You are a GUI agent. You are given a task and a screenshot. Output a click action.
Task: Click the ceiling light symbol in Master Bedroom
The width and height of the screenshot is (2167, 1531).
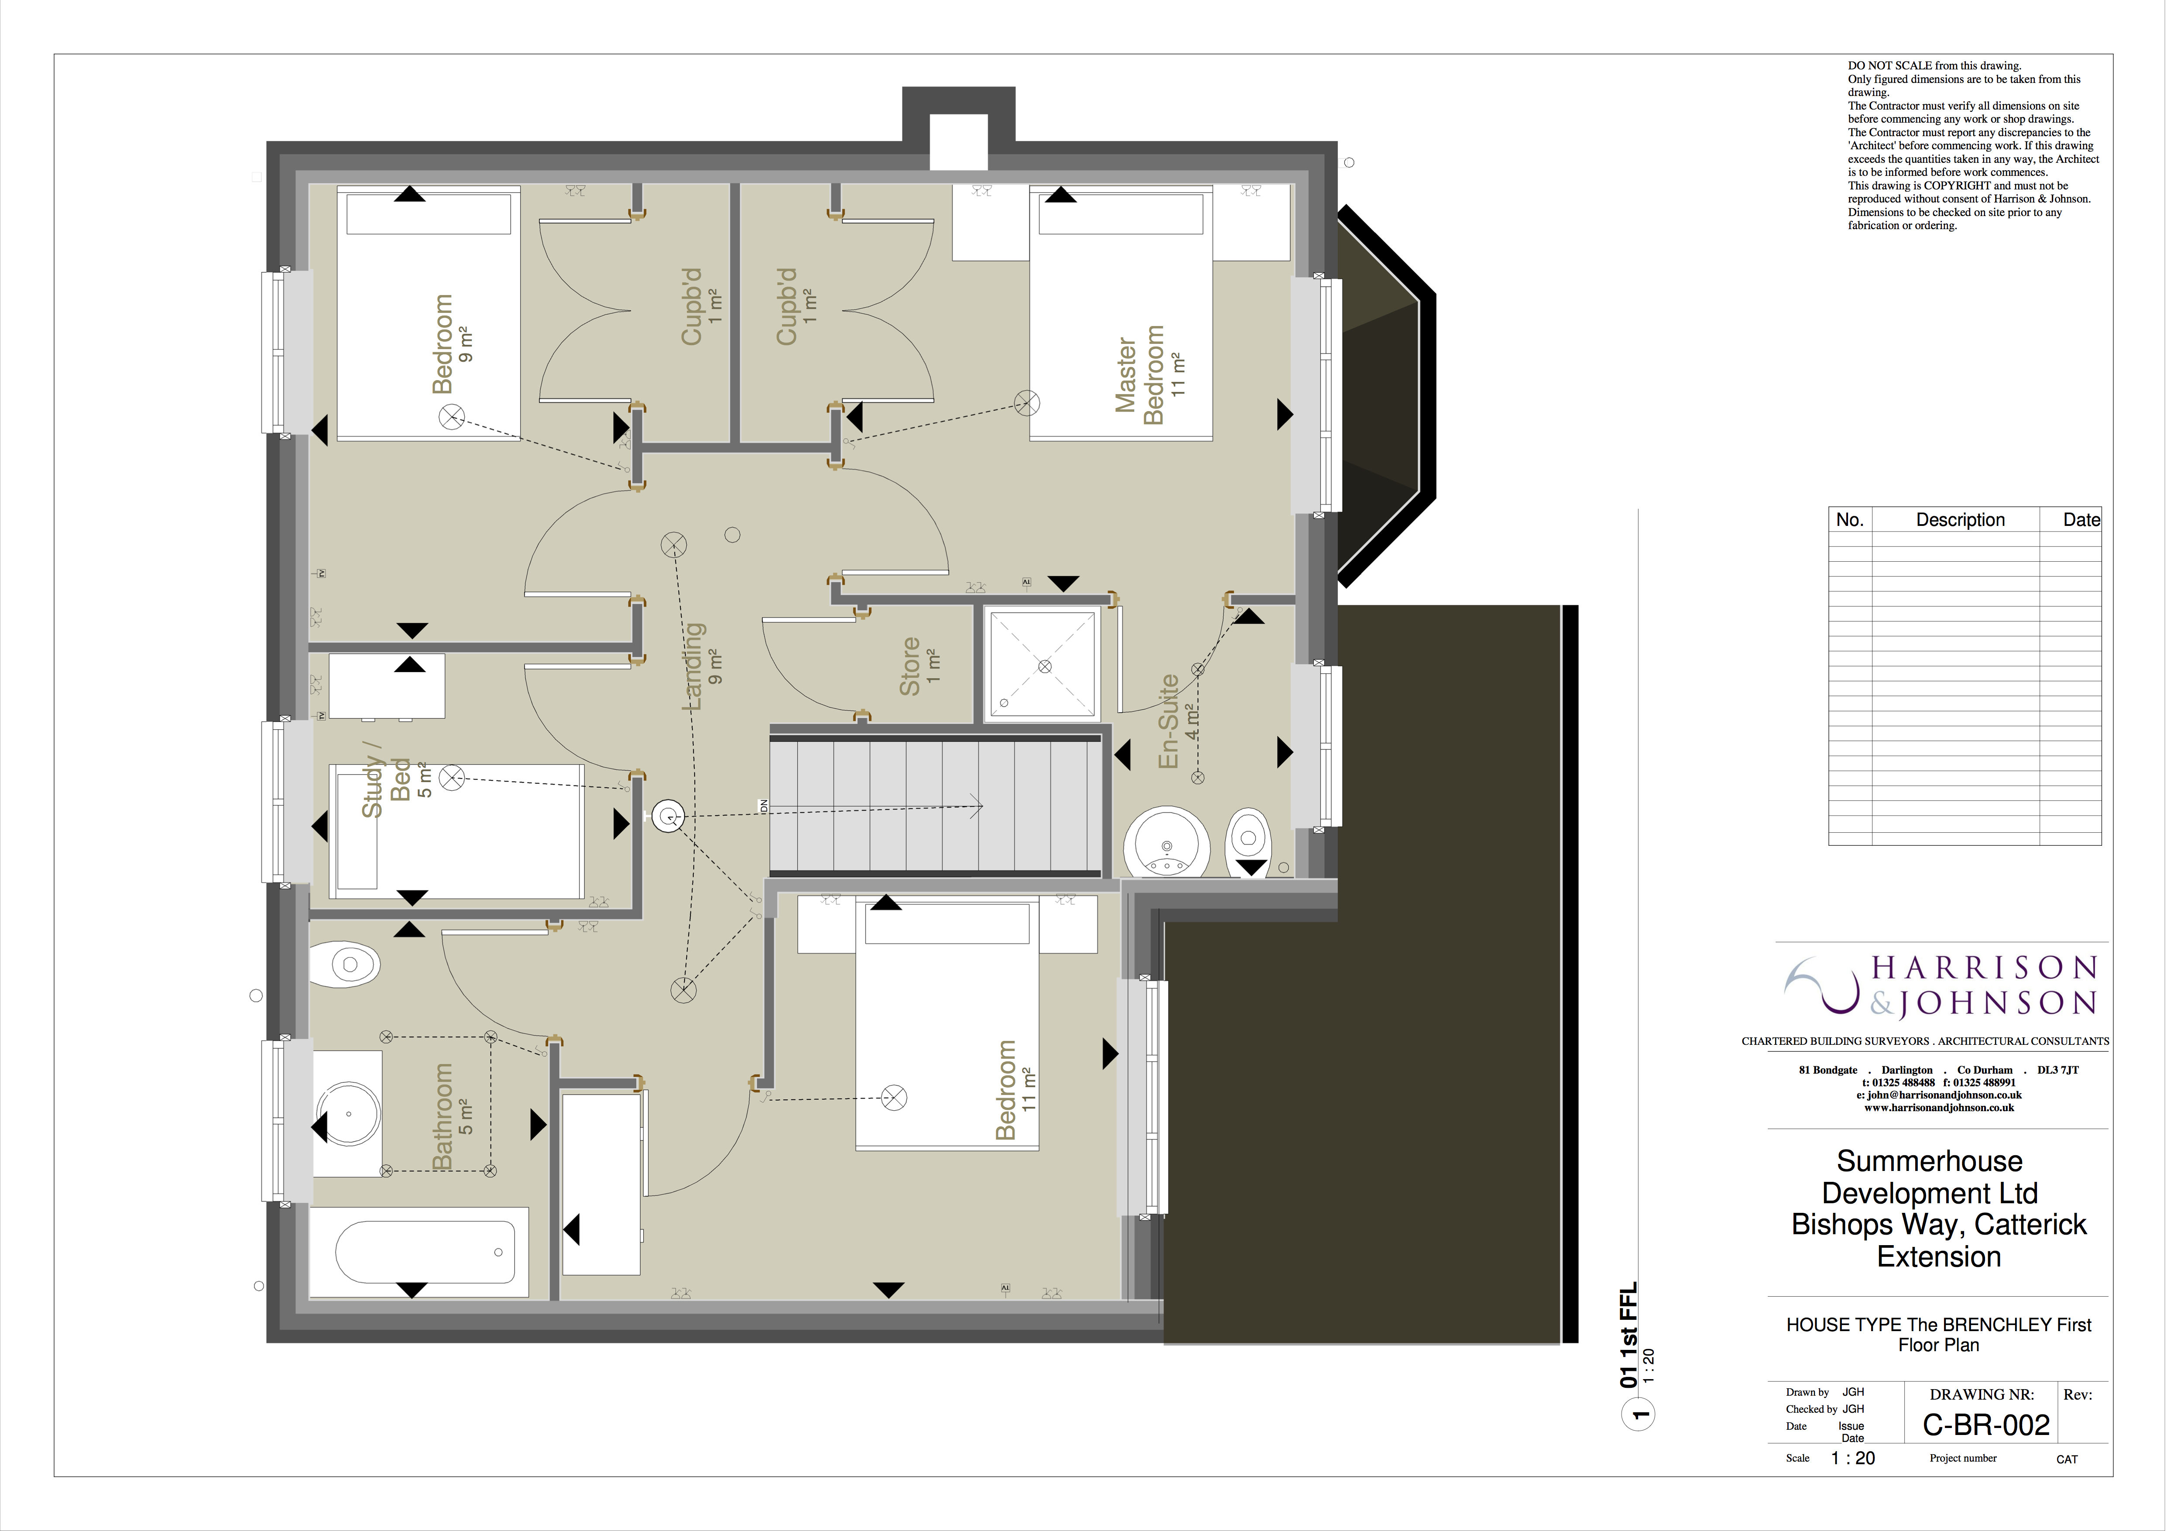point(1027,403)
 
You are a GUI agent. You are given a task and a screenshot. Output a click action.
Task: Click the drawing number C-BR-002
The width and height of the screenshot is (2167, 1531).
point(1986,1425)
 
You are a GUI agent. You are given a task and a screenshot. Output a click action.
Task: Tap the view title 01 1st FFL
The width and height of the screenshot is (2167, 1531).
point(1629,1335)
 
